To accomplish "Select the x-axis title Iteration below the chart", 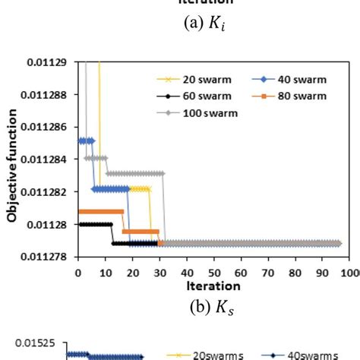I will (214, 286).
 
